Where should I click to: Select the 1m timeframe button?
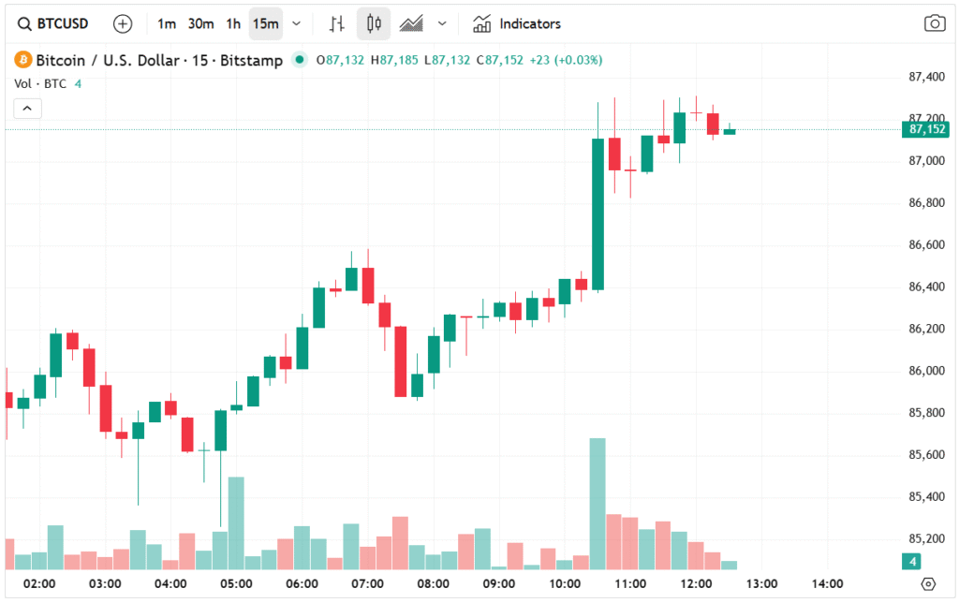coord(167,23)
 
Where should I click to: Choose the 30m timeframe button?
coord(201,23)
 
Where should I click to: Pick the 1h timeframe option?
coord(233,23)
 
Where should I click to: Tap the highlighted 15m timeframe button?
coord(265,23)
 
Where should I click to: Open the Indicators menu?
coord(517,23)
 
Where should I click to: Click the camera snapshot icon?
coord(934,23)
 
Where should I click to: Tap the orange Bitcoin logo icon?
coord(22,60)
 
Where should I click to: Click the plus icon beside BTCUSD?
coord(123,23)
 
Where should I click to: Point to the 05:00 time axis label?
coord(236,583)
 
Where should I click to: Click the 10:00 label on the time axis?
coord(565,583)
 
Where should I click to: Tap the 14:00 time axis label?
coord(828,583)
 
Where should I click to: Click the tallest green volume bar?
coord(598,503)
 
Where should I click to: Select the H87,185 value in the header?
coord(394,60)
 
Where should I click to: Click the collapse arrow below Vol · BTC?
coord(26,109)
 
